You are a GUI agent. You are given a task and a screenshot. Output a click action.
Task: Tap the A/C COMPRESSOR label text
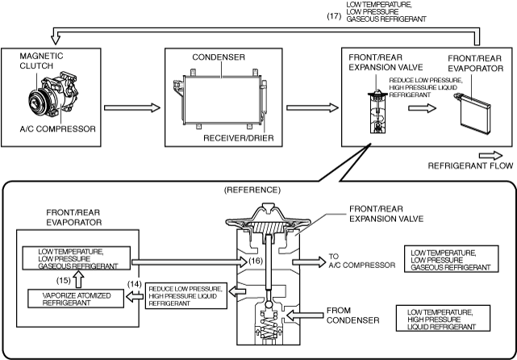click(58, 128)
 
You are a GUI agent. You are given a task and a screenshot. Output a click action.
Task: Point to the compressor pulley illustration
click(37, 99)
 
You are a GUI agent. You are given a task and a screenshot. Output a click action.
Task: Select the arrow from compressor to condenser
click(132, 107)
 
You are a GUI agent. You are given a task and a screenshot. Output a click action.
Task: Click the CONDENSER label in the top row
click(219, 57)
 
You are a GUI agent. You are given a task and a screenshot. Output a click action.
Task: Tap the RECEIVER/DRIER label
click(239, 138)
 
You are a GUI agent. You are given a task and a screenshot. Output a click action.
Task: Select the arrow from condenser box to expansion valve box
click(313, 107)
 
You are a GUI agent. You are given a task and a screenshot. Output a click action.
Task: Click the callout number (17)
click(334, 16)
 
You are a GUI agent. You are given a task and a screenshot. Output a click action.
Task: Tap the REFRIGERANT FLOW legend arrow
click(490, 156)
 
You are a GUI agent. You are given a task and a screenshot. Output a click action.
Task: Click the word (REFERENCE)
click(252, 190)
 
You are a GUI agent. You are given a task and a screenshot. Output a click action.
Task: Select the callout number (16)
click(256, 261)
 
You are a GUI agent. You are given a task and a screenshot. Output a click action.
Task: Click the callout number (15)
click(63, 280)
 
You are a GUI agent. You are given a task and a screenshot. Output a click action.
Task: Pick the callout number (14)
click(135, 283)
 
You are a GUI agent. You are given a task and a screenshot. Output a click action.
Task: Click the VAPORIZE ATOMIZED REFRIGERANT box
click(76, 299)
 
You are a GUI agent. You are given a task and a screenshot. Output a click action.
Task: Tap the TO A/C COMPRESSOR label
click(361, 261)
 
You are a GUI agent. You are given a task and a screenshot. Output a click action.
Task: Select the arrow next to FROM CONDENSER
click(305, 316)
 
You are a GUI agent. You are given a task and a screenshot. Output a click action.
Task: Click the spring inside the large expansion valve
click(269, 325)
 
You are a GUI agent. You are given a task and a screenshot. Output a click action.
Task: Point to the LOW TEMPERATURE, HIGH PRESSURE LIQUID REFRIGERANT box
click(443, 318)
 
